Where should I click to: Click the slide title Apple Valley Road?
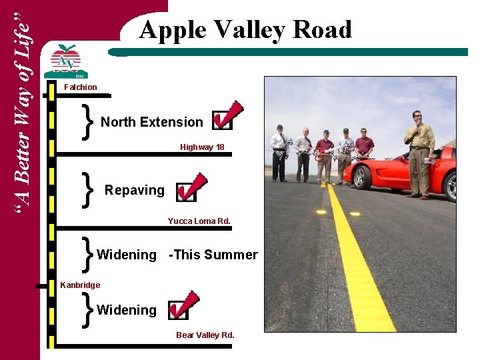click(x=245, y=30)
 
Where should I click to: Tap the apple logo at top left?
click(x=65, y=59)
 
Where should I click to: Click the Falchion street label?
click(x=80, y=87)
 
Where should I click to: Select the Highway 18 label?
click(x=201, y=147)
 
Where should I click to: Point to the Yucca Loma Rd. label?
click(x=199, y=221)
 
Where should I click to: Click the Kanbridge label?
click(x=80, y=285)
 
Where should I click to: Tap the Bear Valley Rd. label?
click(x=205, y=335)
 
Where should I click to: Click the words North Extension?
click(x=151, y=122)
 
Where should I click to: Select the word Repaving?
click(x=134, y=190)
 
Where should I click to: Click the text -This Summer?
click(x=213, y=255)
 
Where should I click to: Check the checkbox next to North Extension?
click(x=222, y=121)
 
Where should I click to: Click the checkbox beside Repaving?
click(x=187, y=192)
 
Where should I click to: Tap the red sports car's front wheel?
click(x=361, y=177)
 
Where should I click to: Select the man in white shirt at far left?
click(x=279, y=153)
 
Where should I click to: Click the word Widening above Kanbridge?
click(x=127, y=255)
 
